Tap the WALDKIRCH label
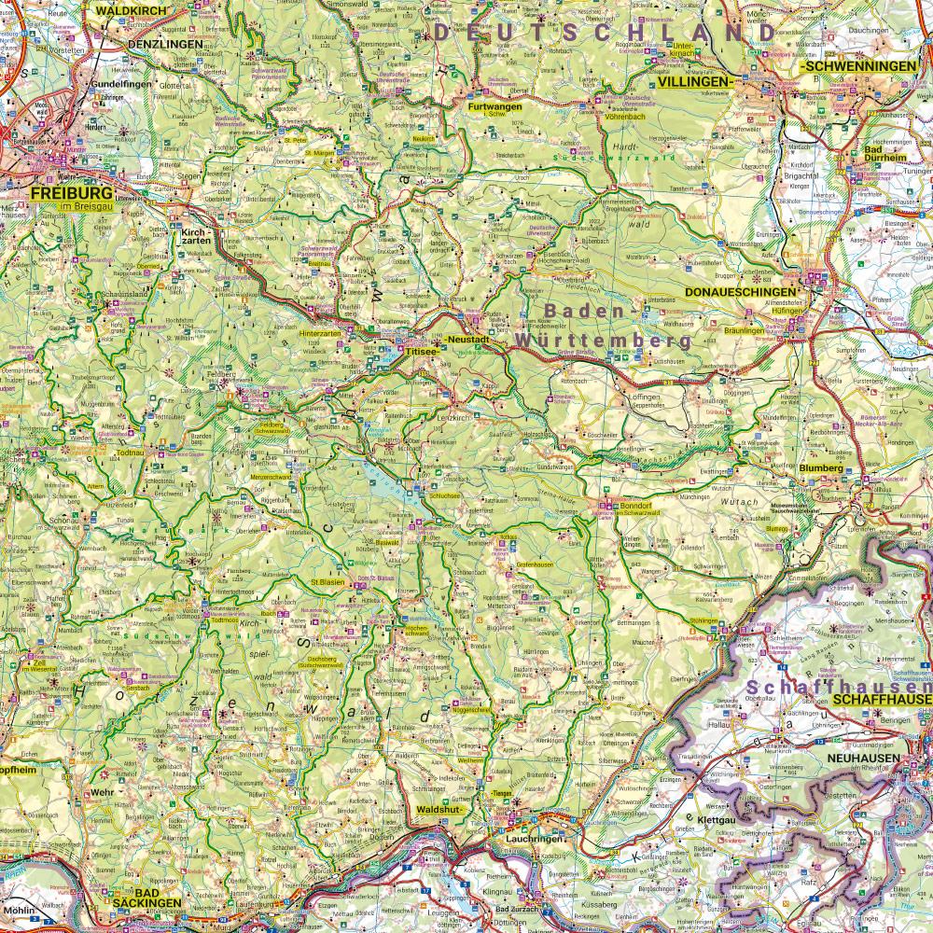pos(130,9)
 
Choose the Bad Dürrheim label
pos(885,154)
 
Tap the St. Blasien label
pos(327,583)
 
